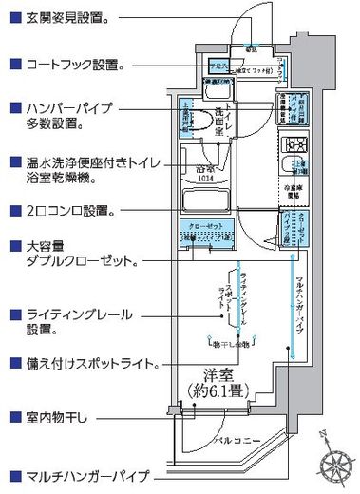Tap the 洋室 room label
pos(223,374)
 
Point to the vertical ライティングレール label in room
pos(244,294)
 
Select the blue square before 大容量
pos(12,245)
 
